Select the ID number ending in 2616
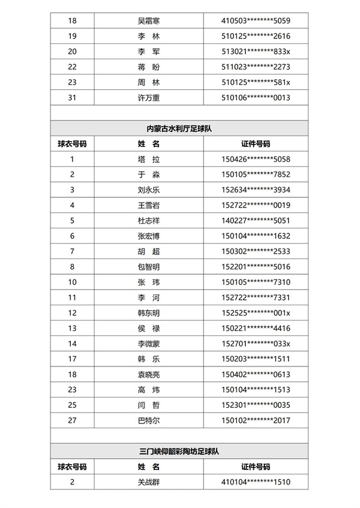click(x=256, y=36)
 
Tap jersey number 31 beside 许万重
click(x=73, y=97)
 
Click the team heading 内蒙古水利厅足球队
click(x=179, y=128)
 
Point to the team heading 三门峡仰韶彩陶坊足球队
click(x=179, y=451)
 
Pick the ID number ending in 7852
click(x=256, y=175)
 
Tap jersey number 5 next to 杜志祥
click(x=73, y=220)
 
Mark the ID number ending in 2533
click(x=256, y=251)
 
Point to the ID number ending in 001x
click(x=256, y=312)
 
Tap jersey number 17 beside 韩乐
click(x=73, y=359)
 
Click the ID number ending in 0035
click(x=256, y=405)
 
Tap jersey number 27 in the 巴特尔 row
click(x=73, y=420)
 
